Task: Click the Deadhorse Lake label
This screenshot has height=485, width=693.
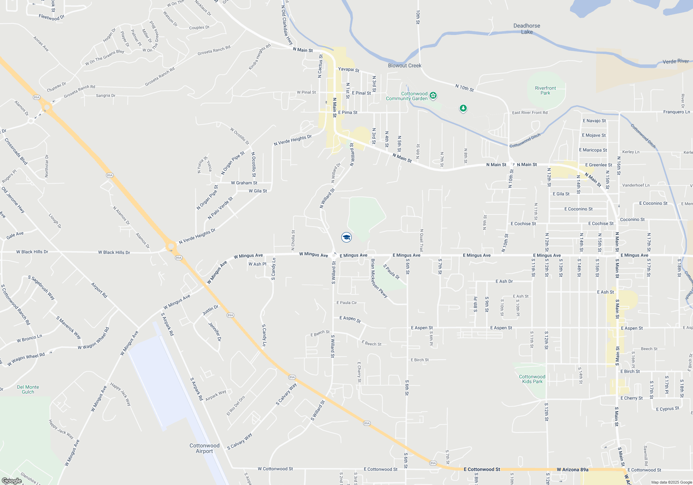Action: pyautogui.click(x=527, y=29)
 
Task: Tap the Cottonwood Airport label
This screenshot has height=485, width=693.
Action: pyautogui.click(x=204, y=448)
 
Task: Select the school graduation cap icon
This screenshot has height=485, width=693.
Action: pyautogui.click(x=346, y=237)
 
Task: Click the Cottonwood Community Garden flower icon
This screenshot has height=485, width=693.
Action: pyautogui.click(x=433, y=95)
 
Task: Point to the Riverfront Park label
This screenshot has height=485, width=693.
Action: pyautogui.click(x=545, y=90)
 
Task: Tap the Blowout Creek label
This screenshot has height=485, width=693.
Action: pyautogui.click(x=405, y=65)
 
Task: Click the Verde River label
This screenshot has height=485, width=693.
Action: pyautogui.click(x=675, y=61)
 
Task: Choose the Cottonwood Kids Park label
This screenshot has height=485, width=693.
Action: pyautogui.click(x=532, y=379)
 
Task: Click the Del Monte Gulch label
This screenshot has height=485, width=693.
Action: pyautogui.click(x=28, y=389)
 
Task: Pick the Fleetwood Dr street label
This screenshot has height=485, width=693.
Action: pyautogui.click(x=52, y=17)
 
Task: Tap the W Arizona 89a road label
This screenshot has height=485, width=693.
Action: pyautogui.click(x=572, y=469)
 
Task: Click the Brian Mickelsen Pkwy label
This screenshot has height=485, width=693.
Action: pyautogui.click(x=379, y=278)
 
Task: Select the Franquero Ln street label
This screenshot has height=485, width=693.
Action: pyautogui.click(x=676, y=112)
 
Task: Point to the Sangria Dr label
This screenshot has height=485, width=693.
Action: pyautogui.click(x=106, y=95)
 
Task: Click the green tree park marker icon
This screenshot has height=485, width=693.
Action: pyautogui.click(x=463, y=108)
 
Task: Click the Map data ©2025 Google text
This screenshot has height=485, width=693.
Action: pyautogui.click(x=672, y=482)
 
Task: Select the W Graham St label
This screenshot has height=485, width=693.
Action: pyautogui.click(x=244, y=183)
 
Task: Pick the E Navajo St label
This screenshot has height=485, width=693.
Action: pyautogui.click(x=594, y=121)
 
